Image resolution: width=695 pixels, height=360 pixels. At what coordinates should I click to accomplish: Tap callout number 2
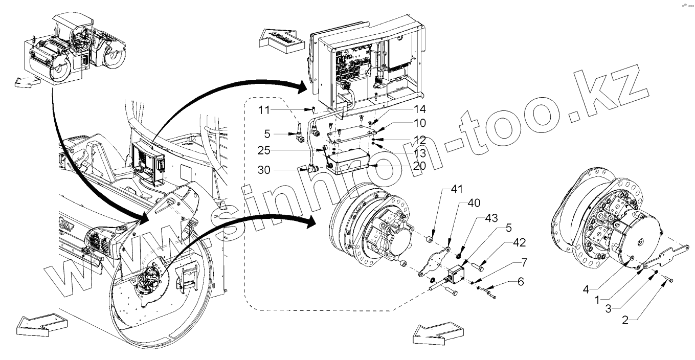624,321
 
